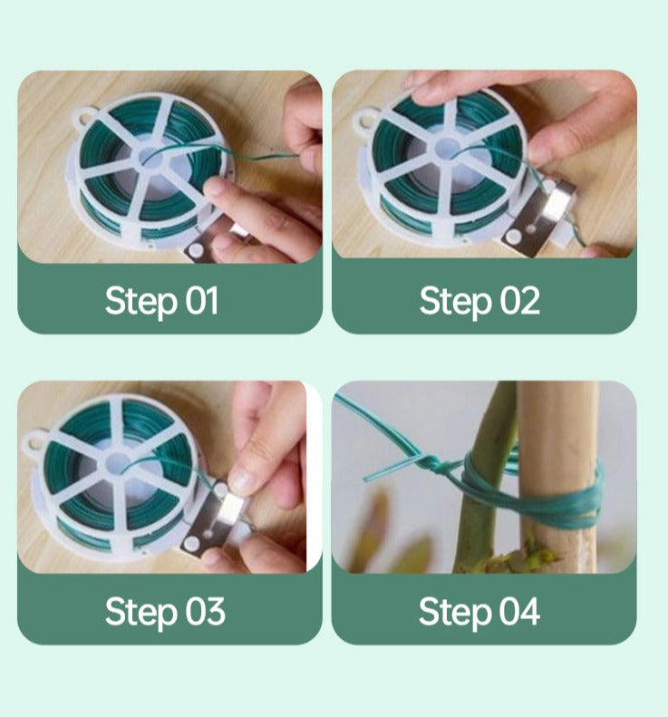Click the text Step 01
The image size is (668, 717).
click(x=161, y=301)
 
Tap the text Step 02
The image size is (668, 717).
click(x=479, y=301)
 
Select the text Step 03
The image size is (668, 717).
click(x=164, y=612)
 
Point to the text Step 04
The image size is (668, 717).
click(x=479, y=612)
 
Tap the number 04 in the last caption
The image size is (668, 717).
click(x=519, y=612)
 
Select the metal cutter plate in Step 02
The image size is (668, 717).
click(x=538, y=216)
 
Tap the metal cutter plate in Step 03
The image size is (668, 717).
click(x=214, y=521)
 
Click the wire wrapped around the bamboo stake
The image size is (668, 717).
click(x=553, y=494)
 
